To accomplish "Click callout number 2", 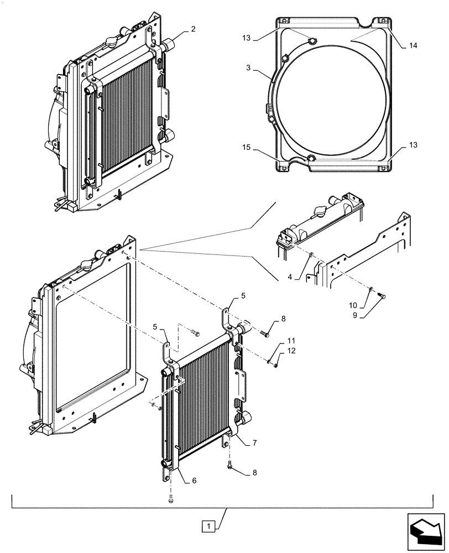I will (192, 29).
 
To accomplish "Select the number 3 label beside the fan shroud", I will (249, 67).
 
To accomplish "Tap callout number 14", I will (413, 46).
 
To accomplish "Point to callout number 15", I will (246, 148).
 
